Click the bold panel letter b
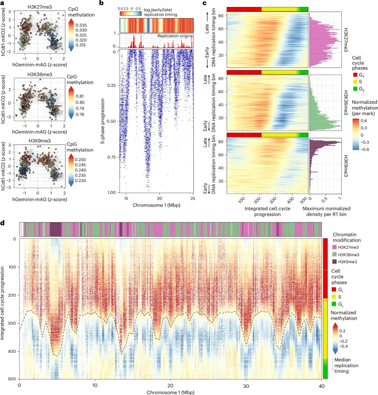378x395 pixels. [101, 3]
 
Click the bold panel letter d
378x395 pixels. [3, 223]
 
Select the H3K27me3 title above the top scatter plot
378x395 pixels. [40, 7]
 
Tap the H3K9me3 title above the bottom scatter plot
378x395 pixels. [40, 141]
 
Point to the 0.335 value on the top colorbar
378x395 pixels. [81, 25]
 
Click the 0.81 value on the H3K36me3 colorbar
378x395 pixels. [80, 96]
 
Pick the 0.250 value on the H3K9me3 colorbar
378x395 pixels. [80, 160]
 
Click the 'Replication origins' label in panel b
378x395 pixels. [175, 36]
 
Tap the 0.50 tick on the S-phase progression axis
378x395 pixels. [111, 121]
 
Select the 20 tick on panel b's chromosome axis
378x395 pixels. [159, 198]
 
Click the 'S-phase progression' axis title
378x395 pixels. [103, 121]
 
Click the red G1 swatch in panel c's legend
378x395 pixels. [355, 75]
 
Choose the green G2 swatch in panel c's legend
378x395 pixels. [355, 89]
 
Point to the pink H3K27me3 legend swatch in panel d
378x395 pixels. [335, 247]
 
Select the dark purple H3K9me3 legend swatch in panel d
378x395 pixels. [335, 262]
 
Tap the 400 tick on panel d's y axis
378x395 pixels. [12, 351]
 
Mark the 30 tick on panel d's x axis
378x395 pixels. [246, 386]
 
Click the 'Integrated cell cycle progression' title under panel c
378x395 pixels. [267, 211]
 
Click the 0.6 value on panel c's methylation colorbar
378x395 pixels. [364, 121]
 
